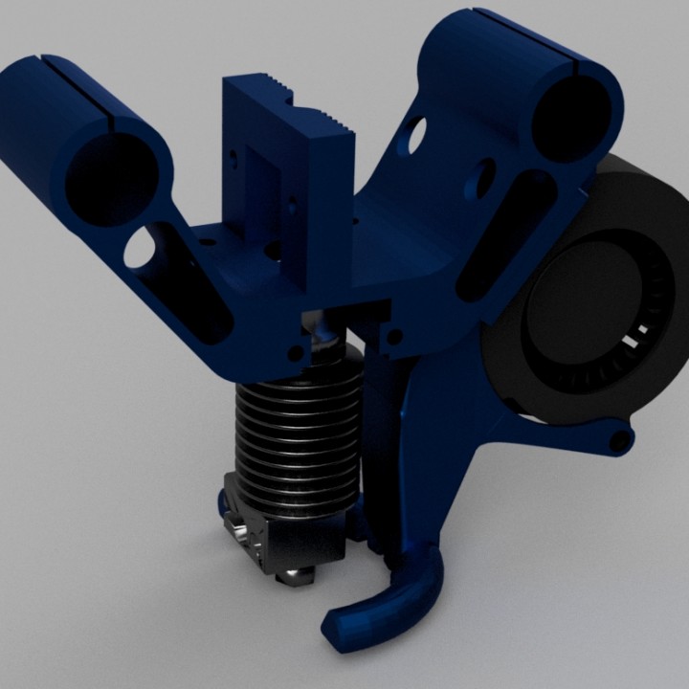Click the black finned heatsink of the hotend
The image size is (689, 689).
click(x=297, y=421)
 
